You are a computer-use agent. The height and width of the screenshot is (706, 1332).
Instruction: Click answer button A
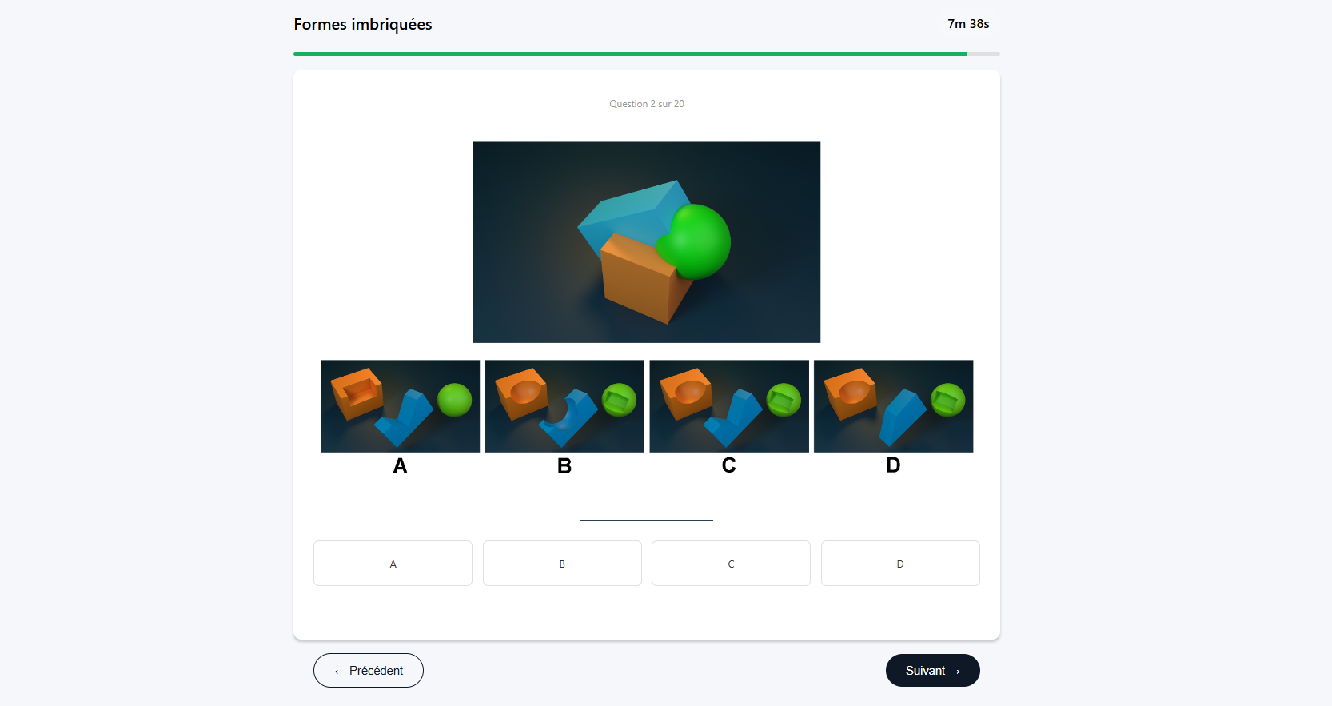(x=393, y=563)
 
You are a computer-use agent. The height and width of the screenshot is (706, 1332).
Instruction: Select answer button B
(x=562, y=563)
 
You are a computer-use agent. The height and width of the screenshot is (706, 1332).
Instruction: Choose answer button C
(x=731, y=563)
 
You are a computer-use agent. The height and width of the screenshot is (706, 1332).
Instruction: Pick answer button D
(x=900, y=563)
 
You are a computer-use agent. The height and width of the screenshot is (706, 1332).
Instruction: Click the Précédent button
(x=368, y=670)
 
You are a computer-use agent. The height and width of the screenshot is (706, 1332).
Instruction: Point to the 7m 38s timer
(x=968, y=24)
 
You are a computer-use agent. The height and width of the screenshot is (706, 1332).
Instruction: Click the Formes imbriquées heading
(x=363, y=24)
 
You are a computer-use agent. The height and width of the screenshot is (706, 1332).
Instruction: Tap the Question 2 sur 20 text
(x=646, y=103)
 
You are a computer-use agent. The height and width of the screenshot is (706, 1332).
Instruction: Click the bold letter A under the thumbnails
(x=401, y=465)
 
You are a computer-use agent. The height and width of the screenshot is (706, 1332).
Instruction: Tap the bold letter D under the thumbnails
(x=893, y=465)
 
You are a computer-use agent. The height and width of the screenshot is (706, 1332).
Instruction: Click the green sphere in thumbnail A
(x=454, y=400)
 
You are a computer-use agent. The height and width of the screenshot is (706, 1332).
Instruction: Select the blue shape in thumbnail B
(x=571, y=417)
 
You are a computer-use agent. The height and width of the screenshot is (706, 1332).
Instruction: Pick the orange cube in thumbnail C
(x=686, y=393)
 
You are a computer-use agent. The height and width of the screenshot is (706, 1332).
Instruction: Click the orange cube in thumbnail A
(x=357, y=393)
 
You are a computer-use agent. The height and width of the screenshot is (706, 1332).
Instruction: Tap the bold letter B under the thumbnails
(x=564, y=465)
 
